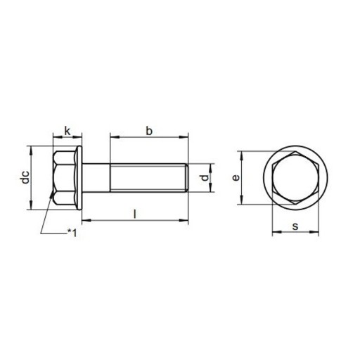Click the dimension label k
tap(67, 131)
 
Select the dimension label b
tap(149, 131)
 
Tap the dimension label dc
tap(25, 177)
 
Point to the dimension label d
tap(205, 178)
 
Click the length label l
tap(135, 214)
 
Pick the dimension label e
tap(236, 178)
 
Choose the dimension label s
tap(295, 226)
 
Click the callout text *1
tap(72, 233)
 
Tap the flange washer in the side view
tap(79, 178)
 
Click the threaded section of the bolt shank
tap(148, 178)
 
